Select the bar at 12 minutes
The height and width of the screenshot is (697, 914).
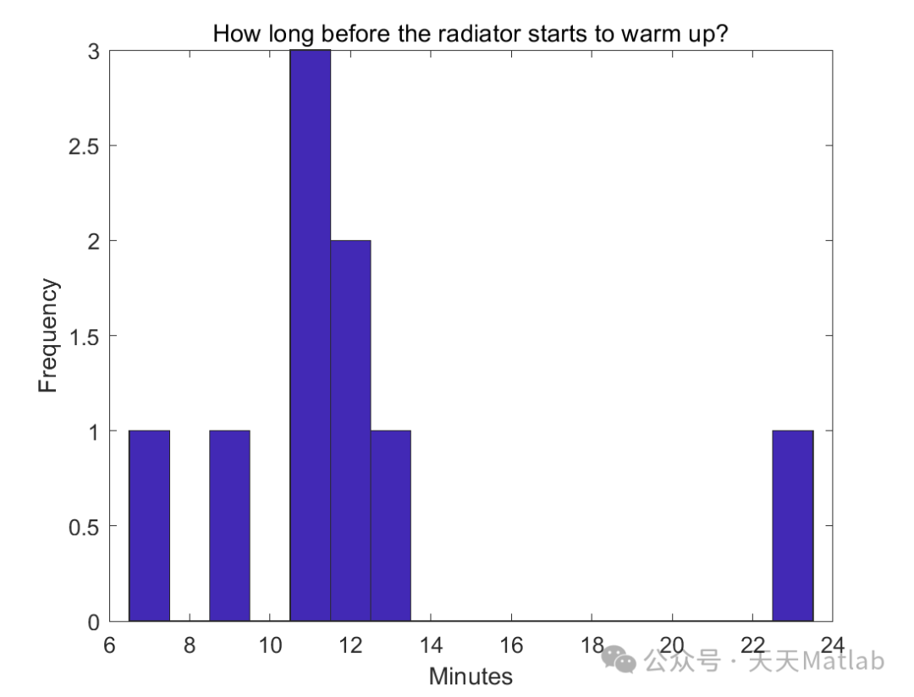coord(350,431)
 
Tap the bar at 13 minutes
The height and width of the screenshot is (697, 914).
coord(390,525)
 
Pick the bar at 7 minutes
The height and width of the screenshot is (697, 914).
coord(149,525)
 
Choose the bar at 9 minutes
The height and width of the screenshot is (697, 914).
coord(229,525)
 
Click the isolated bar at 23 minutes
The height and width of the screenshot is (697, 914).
coord(792,525)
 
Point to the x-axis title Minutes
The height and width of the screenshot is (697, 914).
coord(471,677)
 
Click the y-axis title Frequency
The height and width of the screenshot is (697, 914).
coord(48,336)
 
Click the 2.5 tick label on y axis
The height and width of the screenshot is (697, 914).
coord(85,146)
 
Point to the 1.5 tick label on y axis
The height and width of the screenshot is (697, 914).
coord(85,337)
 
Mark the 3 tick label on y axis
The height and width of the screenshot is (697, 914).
coord(94,52)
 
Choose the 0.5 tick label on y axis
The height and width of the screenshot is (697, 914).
coord(85,526)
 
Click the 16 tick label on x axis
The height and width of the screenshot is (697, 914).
coord(511,645)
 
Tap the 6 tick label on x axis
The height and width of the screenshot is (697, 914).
coord(109,645)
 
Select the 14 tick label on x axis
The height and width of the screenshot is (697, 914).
coord(431,645)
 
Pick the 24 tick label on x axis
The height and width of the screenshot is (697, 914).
coord(833,645)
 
